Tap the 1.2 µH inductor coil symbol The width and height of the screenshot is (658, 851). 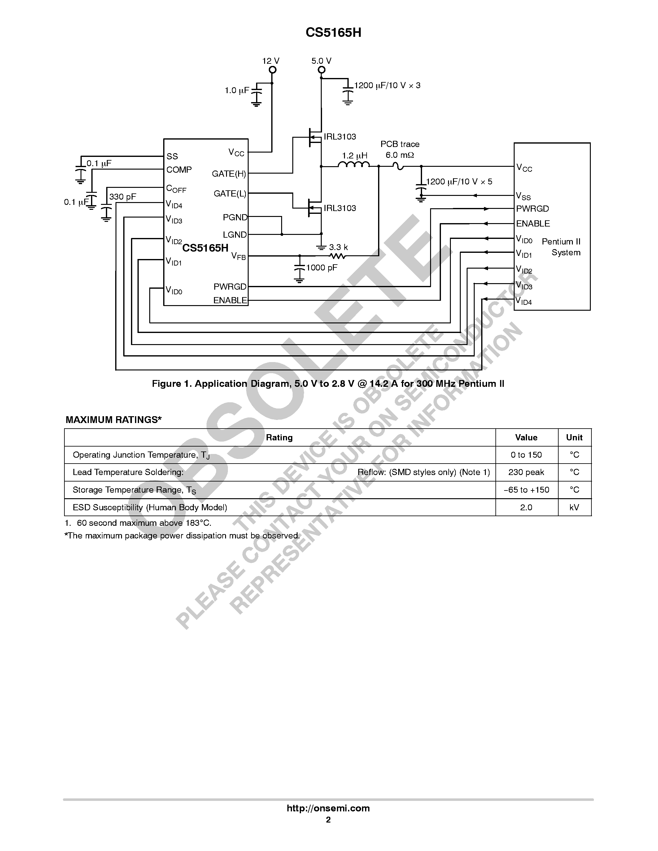pos(354,165)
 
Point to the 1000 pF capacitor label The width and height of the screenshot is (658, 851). pos(322,268)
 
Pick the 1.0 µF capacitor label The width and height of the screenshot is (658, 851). pos(237,90)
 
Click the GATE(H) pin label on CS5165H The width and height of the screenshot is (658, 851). pos(229,174)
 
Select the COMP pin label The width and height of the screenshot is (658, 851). pos(179,170)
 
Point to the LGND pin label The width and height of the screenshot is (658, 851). pos(235,235)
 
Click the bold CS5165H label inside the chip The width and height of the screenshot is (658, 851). pos(205,248)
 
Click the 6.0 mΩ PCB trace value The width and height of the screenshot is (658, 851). pos(399,155)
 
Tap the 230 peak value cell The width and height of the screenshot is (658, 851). pos(526,472)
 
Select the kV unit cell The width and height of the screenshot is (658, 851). pos(574,507)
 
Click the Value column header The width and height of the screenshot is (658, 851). pos(526,438)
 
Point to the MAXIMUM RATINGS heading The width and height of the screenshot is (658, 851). pos(113,420)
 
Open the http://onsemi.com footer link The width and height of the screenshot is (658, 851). pos(328,808)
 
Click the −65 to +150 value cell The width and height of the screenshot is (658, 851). pos(526,490)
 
